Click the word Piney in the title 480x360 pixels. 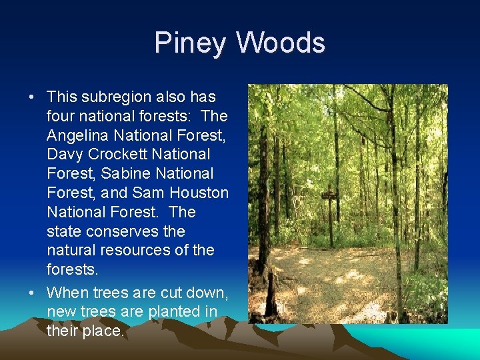click(x=191, y=43)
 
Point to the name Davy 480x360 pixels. click(x=63, y=155)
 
